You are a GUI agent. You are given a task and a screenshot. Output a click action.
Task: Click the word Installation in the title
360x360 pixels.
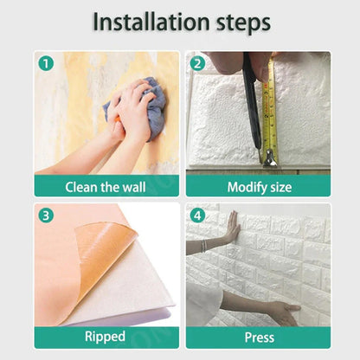pos(151,23)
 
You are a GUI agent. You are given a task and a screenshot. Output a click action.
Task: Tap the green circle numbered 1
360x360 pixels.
pos(47,63)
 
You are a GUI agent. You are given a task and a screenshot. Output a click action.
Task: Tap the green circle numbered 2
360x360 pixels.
pos(197,63)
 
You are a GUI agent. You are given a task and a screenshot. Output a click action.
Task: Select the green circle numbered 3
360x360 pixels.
pos(47,215)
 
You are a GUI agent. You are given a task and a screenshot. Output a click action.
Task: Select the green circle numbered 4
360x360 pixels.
pos(197,215)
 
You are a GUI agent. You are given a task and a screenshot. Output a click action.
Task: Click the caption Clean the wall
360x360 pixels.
pos(106,186)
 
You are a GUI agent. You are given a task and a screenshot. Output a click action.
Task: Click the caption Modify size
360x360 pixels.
pos(258,186)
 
